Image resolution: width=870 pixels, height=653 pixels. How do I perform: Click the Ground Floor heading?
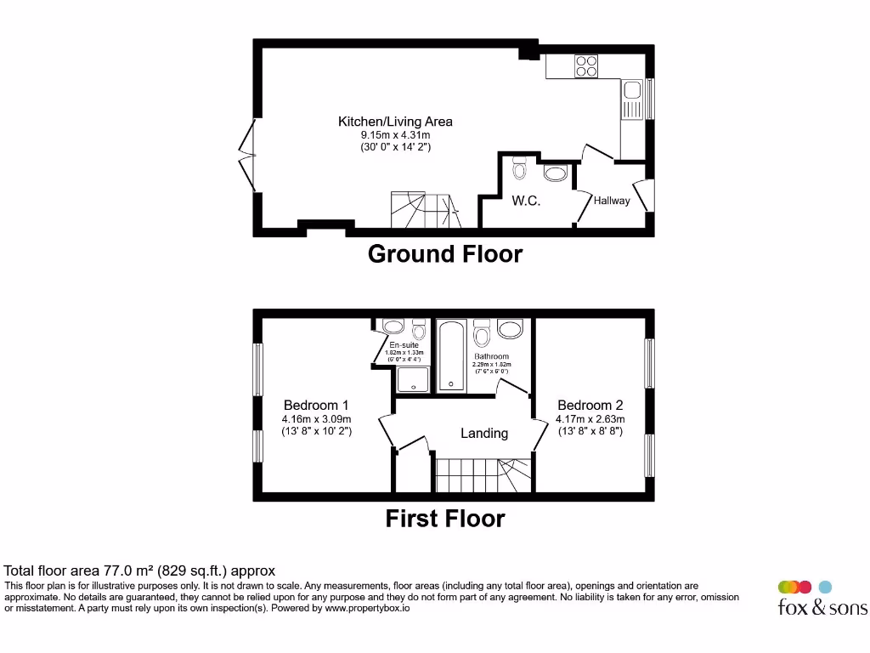pyautogui.click(x=444, y=253)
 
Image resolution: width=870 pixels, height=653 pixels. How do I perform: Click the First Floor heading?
pyautogui.click(x=445, y=518)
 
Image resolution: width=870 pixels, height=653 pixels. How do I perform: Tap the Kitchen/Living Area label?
pyautogui.click(x=395, y=122)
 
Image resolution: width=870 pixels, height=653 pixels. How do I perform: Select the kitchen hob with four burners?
pyautogui.click(x=585, y=65)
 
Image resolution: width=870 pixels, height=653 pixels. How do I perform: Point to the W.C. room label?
pyautogui.click(x=526, y=202)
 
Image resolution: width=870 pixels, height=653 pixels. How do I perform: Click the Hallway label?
pyautogui.click(x=611, y=201)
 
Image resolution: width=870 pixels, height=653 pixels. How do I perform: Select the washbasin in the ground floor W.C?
pyautogui.click(x=555, y=174)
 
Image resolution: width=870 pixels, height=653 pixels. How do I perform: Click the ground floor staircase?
pyautogui.click(x=423, y=209)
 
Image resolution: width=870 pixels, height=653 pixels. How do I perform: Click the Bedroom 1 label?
pyautogui.click(x=315, y=406)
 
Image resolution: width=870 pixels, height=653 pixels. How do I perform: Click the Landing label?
pyautogui.click(x=484, y=433)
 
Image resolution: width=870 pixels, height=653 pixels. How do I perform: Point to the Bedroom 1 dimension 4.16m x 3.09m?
pyautogui.click(x=316, y=419)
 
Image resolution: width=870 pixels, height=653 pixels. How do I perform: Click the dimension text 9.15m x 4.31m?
pyautogui.click(x=395, y=135)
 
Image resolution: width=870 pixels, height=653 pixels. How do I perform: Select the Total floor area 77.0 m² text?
pyautogui.click(x=140, y=571)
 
